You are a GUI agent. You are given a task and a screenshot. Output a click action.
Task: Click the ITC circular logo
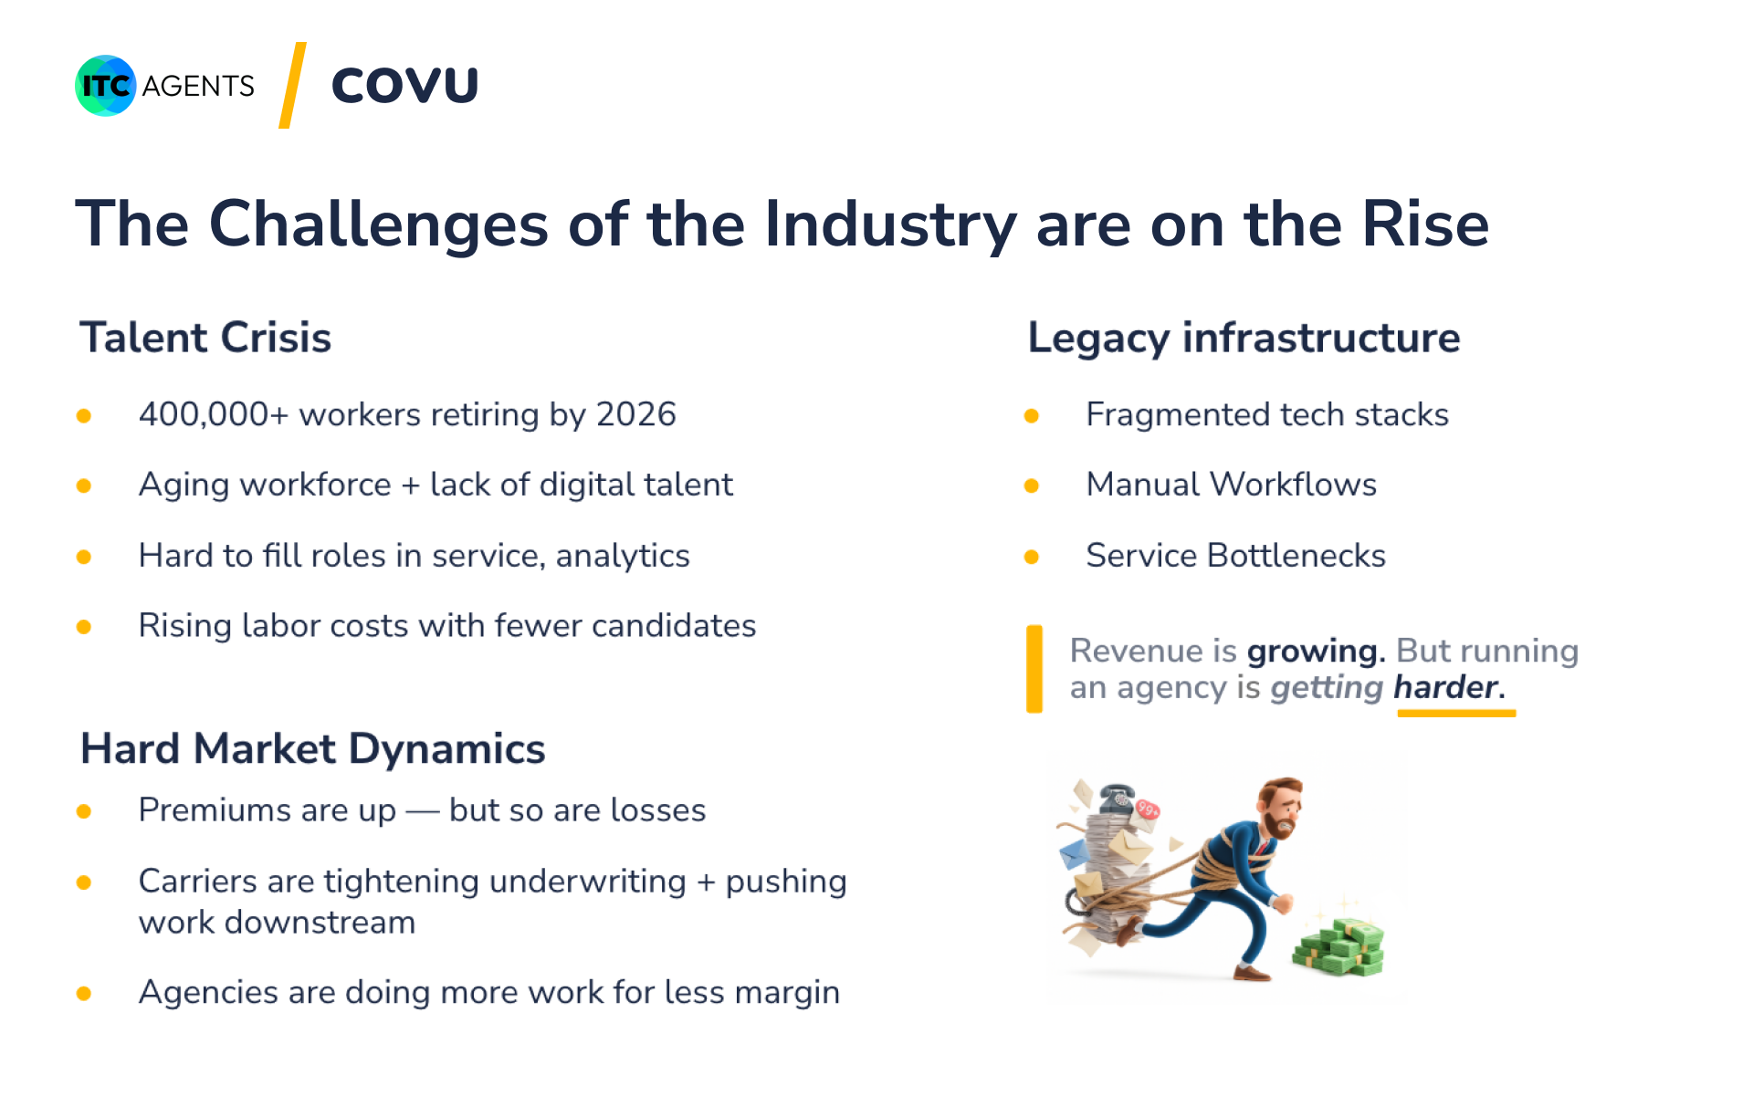point(106,86)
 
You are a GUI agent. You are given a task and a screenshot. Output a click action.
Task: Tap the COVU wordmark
point(404,86)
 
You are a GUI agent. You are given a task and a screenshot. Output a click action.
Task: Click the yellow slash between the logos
point(292,86)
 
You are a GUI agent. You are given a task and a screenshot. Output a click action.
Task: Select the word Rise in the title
point(1425,224)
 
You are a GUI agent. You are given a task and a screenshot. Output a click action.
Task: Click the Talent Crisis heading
point(205,338)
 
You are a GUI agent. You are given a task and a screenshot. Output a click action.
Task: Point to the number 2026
point(636,414)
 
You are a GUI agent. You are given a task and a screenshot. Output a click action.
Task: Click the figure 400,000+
point(214,415)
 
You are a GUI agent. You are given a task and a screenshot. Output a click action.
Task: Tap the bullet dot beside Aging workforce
point(84,485)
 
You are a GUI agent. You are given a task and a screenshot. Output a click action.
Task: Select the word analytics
point(623,556)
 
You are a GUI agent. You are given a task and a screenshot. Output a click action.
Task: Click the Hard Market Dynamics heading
point(313,749)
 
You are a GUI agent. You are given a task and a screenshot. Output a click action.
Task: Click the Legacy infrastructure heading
point(1244,338)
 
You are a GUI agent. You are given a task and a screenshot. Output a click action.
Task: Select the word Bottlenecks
point(1296,556)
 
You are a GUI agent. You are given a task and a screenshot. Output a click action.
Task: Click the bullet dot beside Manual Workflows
point(1032,485)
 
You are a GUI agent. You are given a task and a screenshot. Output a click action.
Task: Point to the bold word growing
point(1316,652)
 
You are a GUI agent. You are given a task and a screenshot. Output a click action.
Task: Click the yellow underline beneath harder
point(1456,713)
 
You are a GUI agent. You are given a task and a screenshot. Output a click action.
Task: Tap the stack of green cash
point(1339,946)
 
